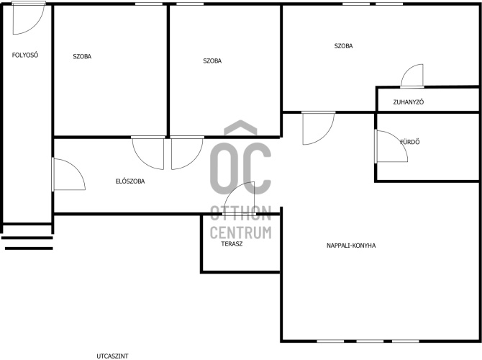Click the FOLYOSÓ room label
coord(25,55)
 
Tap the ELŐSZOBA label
coord(130,181)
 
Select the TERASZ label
coord(232,244)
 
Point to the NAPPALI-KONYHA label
coord(351,246)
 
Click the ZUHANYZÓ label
coord(409,102)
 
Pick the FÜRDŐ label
coord(410,142)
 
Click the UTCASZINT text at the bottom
coord(112,356)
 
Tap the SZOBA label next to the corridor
coord(82,56)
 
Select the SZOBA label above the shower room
coord(344,46)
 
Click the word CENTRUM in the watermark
coord(241,233)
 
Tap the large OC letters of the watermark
coord(241,168)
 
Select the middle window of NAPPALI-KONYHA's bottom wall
coord(370,341)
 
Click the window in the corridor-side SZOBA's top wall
coord(149,4)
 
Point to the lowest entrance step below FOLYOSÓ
coord(29,248)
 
